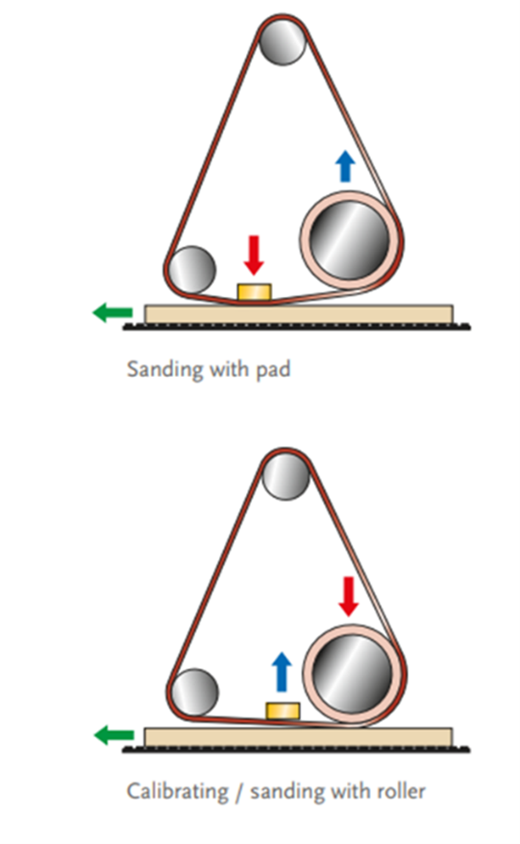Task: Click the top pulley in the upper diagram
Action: tap(282, 42)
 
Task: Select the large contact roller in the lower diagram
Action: tap(353, 675)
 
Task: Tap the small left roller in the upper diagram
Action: tap(191, 270)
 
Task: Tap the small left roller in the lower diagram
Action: tap(194, 693)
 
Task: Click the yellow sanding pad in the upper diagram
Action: tap(254, 291)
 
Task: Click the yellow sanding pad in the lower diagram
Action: tap(283, 710)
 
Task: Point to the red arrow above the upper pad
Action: tap(254, 255)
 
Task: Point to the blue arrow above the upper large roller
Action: tap(345, 166)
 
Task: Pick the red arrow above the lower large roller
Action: tap(349, 596)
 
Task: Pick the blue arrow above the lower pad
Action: tap(282, 672)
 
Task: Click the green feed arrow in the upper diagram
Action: tap(112, 312)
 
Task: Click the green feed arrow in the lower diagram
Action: tap(113, 734)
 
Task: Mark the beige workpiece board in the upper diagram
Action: tap(299, 314)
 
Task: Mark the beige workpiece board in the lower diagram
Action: tap(299, 737)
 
